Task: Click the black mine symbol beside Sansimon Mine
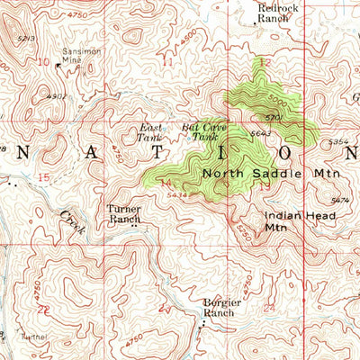tap(58, 65)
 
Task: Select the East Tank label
tap(150, 133)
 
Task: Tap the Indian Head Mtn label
tap(287, 221)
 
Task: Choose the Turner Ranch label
tap(126, 213)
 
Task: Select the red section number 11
tap(167, 62)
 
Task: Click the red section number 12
tap(263, 63)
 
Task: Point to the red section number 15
tap(43, 177)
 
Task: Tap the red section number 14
tap(165, 184)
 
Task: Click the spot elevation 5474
tap(340, 200)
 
